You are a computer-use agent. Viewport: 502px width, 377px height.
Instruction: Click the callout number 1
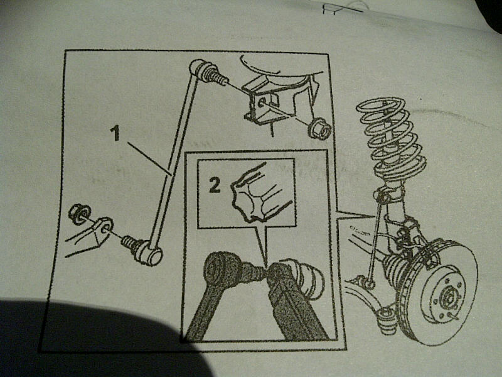click(115, 133)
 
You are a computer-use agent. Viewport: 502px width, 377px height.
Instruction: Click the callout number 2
click(215, 185)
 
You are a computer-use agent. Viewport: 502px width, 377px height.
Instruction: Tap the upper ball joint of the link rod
click(198, 68)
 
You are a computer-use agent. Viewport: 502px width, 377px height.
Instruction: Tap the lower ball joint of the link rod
click(151, 254)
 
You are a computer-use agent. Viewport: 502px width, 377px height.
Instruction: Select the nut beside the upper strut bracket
click(319, 128)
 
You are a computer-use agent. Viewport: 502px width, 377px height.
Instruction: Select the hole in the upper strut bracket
click(262, 103)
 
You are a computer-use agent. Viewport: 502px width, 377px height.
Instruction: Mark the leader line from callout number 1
click(149, 159)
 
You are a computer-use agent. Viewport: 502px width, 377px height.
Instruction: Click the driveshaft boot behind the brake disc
click(396, 269)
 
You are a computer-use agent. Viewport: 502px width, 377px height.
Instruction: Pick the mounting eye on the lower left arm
click(104, 226)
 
